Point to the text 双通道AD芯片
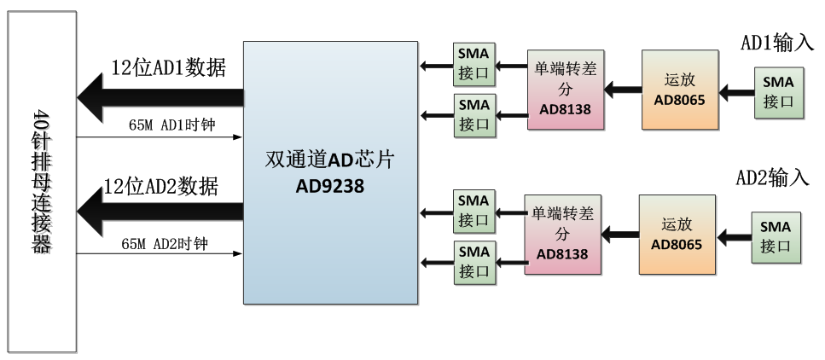coord(329,160)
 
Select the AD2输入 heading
coord(771,178)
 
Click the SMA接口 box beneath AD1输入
coord(777,91)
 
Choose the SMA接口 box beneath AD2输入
coord(776,235)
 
